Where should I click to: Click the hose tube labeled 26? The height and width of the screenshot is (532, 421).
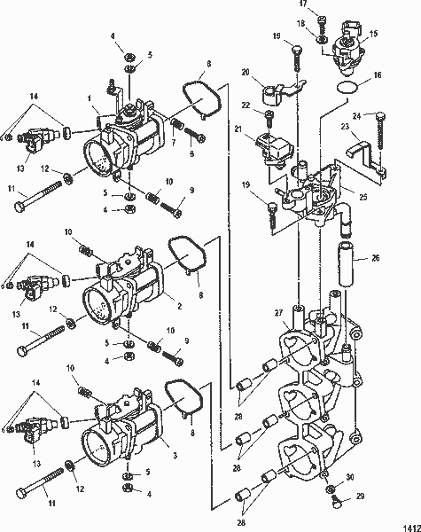click(x=345, y=266)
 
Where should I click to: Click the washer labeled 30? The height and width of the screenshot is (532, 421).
click(x=331, y=488)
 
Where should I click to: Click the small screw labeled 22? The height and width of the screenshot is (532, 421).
click(x=269, y=118)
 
